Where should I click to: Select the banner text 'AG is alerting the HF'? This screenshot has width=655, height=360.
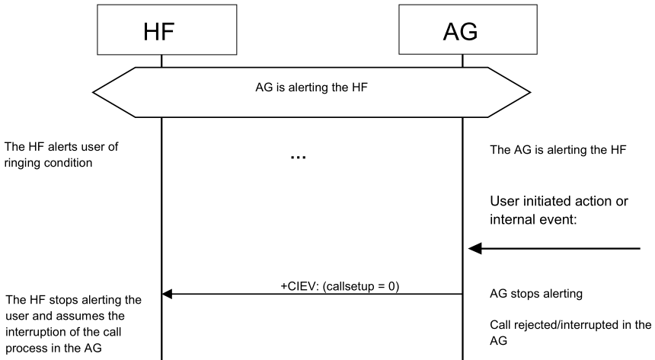click(312, 87)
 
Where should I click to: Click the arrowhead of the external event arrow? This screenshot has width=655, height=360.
click(474, 248)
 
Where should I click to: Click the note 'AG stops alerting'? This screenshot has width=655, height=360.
click(529, 293)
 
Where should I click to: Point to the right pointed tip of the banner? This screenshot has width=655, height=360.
click(530, 93)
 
